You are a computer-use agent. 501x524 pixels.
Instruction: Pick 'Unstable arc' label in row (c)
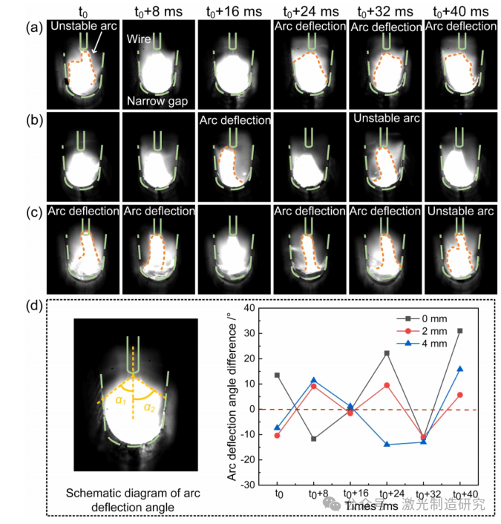pyautogui.click(x=460, y=211)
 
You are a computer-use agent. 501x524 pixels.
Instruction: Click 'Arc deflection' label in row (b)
pyautogui.click(x=234, y=119)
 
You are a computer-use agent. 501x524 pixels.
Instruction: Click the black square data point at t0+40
pyautogui.click(x=460, y=330)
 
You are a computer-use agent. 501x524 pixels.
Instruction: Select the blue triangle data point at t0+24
pyautogui.click(x=387, y=444)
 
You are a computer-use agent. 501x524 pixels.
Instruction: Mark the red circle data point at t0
pyautogui.click(x=278, y=435)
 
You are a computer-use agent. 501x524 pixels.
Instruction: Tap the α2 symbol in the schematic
pyautogui.click(x=148, y=407)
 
